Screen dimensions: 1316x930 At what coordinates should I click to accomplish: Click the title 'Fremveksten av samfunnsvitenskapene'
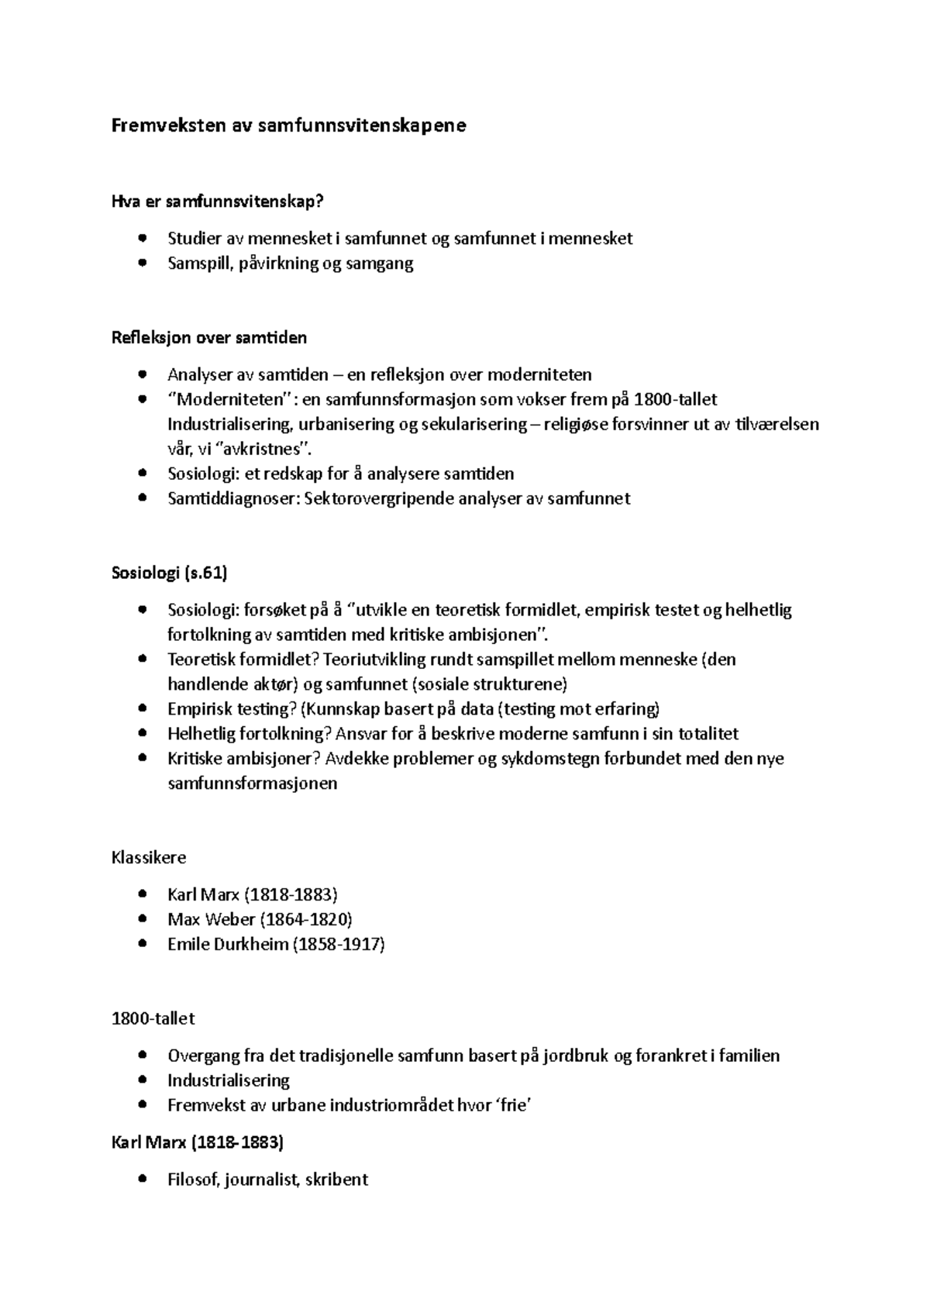coord(289,126)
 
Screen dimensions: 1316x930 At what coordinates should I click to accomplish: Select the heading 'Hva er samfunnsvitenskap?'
coord(217,202)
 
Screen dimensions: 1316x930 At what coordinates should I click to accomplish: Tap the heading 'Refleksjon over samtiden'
coord(209,338)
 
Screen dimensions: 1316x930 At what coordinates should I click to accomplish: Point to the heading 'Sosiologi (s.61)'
coord(170,573)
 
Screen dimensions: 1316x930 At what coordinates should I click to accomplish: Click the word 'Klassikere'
coord(149,858)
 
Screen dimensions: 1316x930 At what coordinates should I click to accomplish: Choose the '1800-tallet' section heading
coord(153,1018)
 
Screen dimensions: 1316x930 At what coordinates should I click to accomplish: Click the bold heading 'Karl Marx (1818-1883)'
coord(198,1142)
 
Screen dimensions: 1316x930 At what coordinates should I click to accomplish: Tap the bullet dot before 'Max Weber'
coord(141,919)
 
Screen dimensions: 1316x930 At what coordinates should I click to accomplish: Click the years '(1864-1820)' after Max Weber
coord(306,919)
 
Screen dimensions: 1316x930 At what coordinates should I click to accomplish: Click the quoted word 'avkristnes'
coord(261,450)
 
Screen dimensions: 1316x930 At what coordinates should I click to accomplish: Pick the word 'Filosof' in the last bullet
coord(193,1180)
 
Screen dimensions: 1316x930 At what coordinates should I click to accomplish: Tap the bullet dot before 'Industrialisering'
coord(141,1080)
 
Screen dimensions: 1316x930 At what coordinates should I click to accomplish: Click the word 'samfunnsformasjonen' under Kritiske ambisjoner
coord(253,783)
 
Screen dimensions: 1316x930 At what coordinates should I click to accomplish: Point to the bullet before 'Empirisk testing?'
coord(141,708)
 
